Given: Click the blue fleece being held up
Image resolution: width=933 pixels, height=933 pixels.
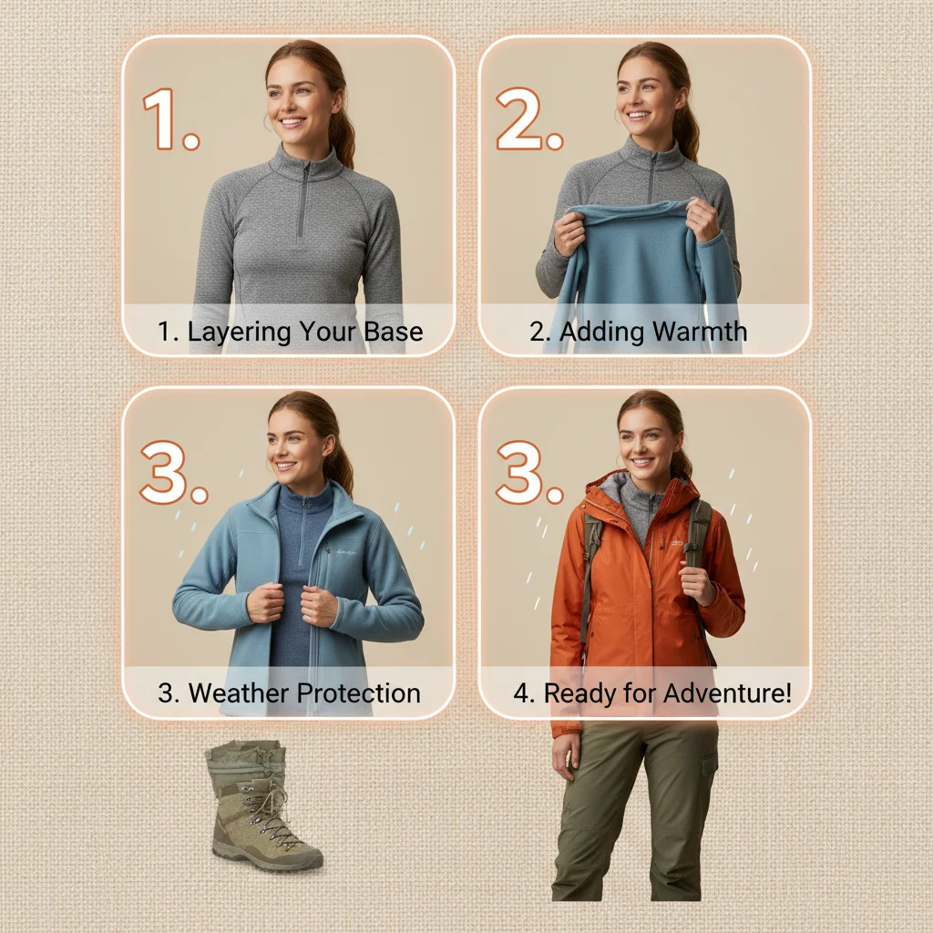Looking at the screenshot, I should [x=638, y=264].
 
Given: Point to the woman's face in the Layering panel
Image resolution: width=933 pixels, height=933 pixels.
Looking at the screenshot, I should [x=299, y=102].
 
